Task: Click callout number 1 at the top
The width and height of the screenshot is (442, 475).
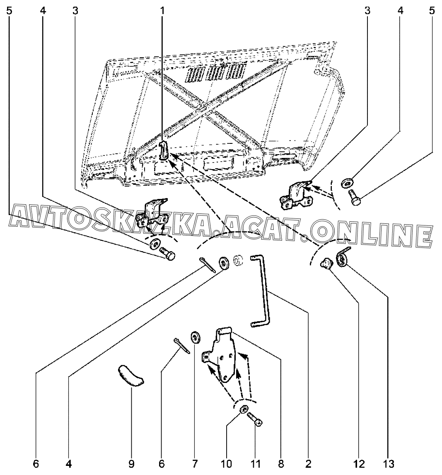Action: pos(162,11)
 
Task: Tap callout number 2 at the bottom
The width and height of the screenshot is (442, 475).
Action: pos(308,463)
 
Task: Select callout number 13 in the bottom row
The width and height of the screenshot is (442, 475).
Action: pos(389,463)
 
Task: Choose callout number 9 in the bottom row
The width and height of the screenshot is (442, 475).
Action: pos(131,463)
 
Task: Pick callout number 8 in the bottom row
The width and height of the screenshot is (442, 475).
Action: pos(281,463)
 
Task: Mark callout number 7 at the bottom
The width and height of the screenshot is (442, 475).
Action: pos(194,463)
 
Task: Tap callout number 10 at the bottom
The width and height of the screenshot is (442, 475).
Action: pos(227,463)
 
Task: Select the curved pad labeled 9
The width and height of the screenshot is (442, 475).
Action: pos(130,376)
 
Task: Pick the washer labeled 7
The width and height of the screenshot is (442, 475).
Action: pos(195,337)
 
